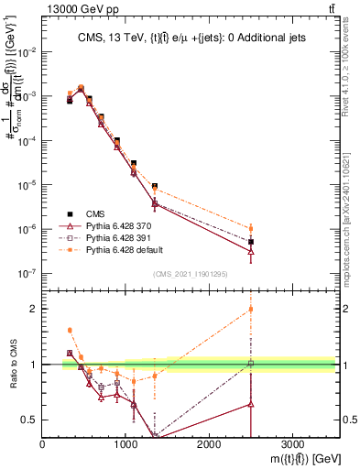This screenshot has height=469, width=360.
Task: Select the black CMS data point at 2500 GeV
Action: [x=251, y=242]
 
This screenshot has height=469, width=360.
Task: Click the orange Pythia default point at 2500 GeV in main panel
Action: [x=251, y=228]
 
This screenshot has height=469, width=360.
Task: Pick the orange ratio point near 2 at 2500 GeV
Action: [x=251, y=309]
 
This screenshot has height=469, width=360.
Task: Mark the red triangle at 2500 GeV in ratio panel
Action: [x=251, y=403]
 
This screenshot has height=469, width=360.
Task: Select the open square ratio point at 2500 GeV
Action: [x=251, y=364]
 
